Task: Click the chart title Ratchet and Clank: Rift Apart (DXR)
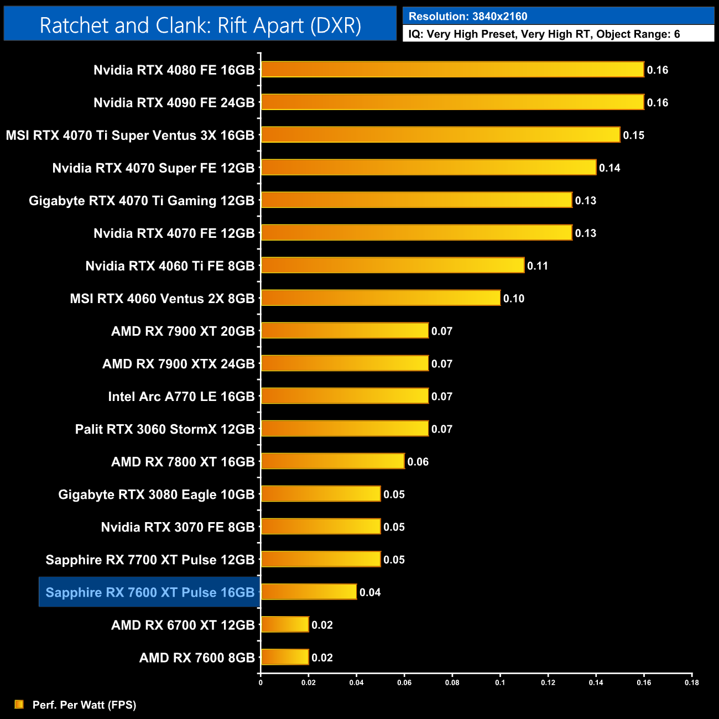[200, 25]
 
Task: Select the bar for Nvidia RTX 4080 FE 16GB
[452, 70]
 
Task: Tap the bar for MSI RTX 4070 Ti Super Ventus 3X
[440, 135]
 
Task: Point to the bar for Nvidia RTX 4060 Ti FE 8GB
[393, 265]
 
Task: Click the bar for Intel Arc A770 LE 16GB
[345, 396]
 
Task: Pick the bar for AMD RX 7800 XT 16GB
[332, 461]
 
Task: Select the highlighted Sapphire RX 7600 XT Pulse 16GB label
[150, 592]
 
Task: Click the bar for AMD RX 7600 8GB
[285, 657]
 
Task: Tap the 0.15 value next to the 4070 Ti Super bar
[634, 136]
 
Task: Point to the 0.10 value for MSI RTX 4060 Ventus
[514, 299]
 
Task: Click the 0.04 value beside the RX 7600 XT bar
[370, 592]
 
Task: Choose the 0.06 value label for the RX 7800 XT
[418, 462]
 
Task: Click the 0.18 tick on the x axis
[692, 682]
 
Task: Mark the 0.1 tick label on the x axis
[500, 682]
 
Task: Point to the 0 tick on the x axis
[260, 682]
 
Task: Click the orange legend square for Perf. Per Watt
[19, 704]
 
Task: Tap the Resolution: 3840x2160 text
[468, 17]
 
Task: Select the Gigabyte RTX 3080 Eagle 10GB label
[157, 494]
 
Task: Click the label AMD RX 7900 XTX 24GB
[179, 364]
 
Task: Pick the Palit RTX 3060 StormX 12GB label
[165, 429]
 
